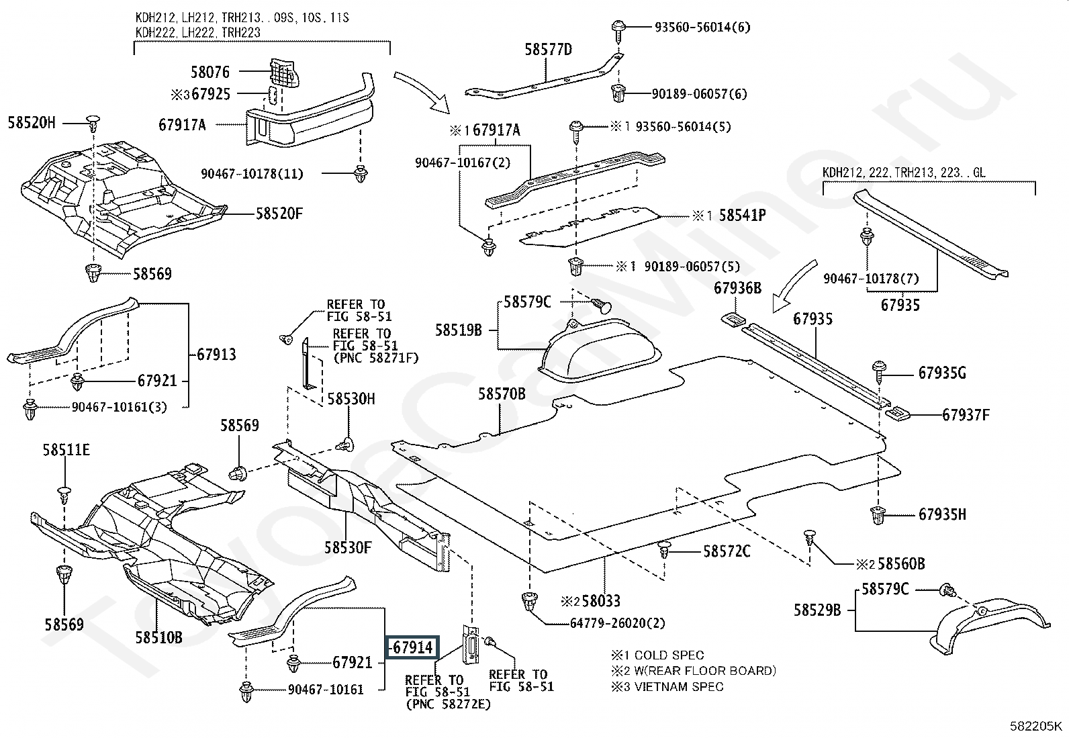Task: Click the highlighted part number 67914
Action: tap(412, 647)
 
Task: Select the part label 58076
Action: tap(210, 72)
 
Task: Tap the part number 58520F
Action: tap(279, 214)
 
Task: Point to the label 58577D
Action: tap(548, 50)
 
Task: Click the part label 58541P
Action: tap(743, 216)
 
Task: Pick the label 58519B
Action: tap(458, 330)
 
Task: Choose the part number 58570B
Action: tap(502, 394)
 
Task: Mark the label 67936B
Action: tap(737, 288)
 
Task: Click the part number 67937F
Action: tap(966, 415)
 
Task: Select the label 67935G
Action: tap(942, 373)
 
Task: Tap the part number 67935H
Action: tap(942, 515)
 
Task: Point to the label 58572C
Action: tap(727, 551)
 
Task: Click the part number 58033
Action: tap(601, 600)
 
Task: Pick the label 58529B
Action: tap(817, 610)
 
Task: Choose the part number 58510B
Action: tap(158, 637)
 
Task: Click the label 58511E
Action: tap(66, 450)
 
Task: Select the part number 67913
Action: tap(216, 355)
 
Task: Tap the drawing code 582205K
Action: tap(1037, 726)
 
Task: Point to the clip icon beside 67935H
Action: tap(878, 516)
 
